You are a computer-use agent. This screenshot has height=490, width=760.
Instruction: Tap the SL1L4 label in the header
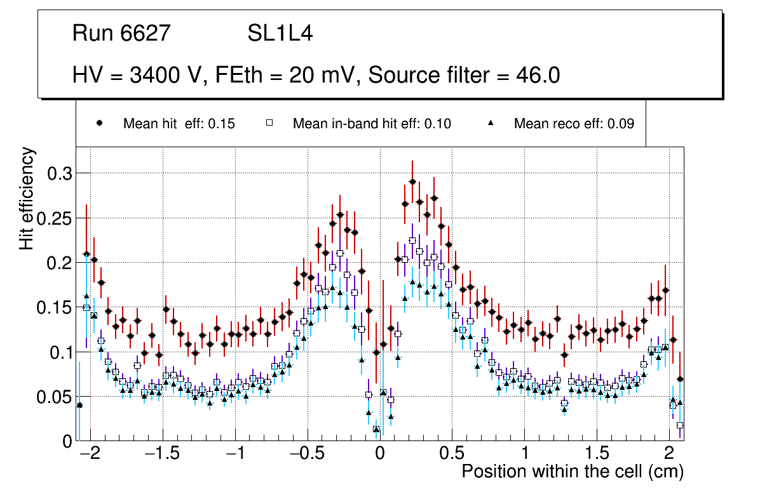280,34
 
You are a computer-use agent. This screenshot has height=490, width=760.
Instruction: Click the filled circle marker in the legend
99,123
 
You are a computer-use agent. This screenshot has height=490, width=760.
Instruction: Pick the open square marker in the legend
269,123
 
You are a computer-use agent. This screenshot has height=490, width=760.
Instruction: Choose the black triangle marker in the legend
491,123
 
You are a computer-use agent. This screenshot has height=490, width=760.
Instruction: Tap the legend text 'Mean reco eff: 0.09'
574,124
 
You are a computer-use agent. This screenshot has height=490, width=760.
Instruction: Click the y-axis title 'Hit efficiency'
27,198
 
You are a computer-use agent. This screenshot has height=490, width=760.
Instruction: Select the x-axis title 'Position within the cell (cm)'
572,472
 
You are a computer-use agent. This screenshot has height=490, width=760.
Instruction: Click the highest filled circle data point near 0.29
412,182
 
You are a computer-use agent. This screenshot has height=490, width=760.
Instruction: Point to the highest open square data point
412,241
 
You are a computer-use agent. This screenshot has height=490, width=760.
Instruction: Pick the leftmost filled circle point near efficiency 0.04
79,405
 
